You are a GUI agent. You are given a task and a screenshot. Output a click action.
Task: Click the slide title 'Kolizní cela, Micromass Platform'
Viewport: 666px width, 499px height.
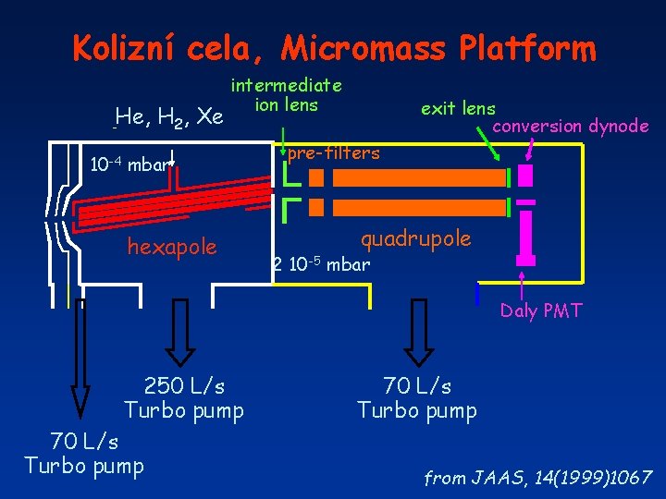click(x=333, y=48)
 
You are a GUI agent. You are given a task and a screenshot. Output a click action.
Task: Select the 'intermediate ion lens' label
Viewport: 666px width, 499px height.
click(x=287, y=95)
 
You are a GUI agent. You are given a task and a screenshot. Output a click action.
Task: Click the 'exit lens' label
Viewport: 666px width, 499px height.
click(x=458, y=108)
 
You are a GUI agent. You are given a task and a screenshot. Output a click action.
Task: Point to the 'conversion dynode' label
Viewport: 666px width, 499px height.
click(x=571, y=126)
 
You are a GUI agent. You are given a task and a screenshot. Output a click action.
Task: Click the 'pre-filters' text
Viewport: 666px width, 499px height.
click(x=333, y=153)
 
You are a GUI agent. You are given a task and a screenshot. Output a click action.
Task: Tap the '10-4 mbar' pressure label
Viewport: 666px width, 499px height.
click(x=129, y=165)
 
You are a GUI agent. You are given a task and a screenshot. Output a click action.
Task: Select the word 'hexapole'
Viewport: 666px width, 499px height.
click(x=171, y=247)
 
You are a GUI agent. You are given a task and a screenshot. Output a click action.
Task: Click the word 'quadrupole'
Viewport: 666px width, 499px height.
click(x=415, y=239)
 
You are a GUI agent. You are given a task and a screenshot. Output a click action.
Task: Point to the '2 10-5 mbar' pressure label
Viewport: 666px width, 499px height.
click(x=321, y=265)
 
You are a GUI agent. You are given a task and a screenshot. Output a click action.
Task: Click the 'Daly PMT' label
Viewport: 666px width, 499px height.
click(x=541, y=311)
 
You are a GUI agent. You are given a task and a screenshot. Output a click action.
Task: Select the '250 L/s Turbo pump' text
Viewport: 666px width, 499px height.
click(x=184, y=397)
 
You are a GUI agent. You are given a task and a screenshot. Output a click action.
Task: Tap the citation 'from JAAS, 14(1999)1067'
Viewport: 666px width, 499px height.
click(x=538, y=479)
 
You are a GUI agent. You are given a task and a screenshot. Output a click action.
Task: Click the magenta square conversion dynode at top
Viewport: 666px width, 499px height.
click(x=525, y=175)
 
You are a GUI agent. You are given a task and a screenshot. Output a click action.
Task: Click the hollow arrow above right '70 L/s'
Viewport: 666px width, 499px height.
click(x=418, y=331)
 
